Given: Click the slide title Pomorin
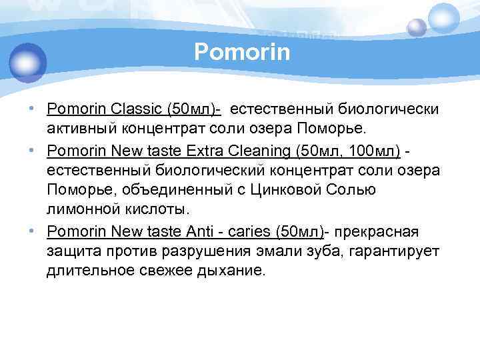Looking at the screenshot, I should (242, 52).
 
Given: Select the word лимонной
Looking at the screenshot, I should (83, 209).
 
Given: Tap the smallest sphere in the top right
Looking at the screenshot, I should (417, 27).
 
